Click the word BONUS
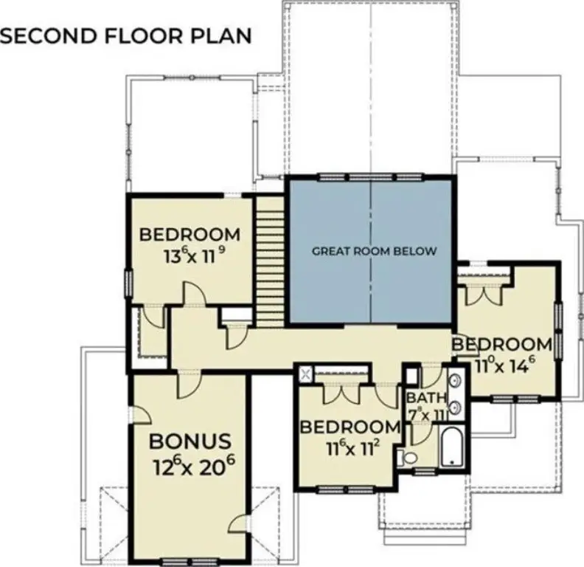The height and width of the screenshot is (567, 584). click(190, 441)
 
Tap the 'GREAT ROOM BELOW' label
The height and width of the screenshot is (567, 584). click(374, 251)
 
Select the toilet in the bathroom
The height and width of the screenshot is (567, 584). click(406, 458)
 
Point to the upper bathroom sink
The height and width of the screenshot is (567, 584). click(455, 381)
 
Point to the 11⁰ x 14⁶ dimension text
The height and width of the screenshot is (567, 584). click(503, 366)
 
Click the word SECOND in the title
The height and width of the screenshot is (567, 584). click(49, 36)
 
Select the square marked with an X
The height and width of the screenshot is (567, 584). click(306, 374)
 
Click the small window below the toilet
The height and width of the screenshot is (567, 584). click(424, 471)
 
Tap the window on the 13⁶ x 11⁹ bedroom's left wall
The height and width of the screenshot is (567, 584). click(128, 284)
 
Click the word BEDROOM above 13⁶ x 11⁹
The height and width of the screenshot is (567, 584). click(190, 235)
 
